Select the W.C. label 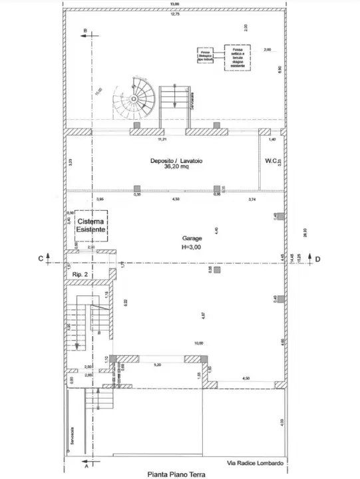(272, 160)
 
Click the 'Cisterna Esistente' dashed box (90, 225)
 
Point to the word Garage (192, 238)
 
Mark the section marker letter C (41, 257)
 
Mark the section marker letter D (317, 258)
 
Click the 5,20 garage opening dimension (157, 365)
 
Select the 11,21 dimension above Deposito (161, 141)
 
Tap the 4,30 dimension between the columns (176, 200)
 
